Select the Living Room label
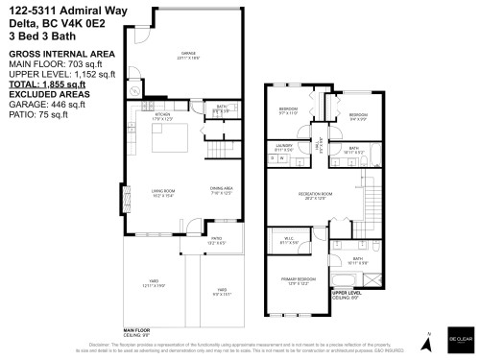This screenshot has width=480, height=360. [163, 193]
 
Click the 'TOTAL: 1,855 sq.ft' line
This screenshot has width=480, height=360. [47, 84]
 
